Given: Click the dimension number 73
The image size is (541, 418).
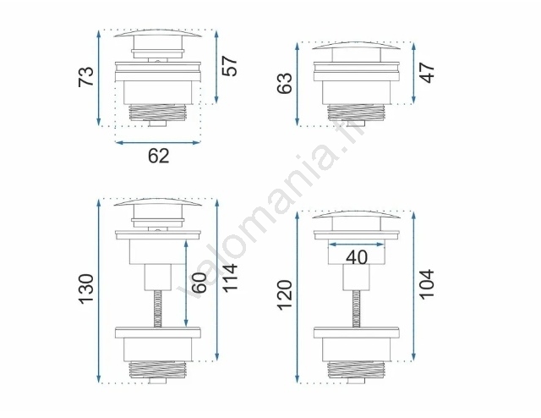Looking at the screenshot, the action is coord(86,77).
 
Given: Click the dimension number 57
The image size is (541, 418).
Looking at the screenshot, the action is coord(230,66).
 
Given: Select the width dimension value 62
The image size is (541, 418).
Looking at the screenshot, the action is coord(159,156).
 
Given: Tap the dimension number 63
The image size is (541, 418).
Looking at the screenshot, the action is coord(285,83).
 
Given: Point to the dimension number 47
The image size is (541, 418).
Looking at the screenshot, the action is coord(427,73).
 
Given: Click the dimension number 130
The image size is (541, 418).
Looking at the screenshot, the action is coord(86,289).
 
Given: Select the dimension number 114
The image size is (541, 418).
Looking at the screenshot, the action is coord(230,278).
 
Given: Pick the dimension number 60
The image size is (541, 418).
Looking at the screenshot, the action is coord(199,283).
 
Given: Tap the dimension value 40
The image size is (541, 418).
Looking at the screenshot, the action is coord(357,257).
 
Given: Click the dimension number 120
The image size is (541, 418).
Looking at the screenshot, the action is coord(285,295).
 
